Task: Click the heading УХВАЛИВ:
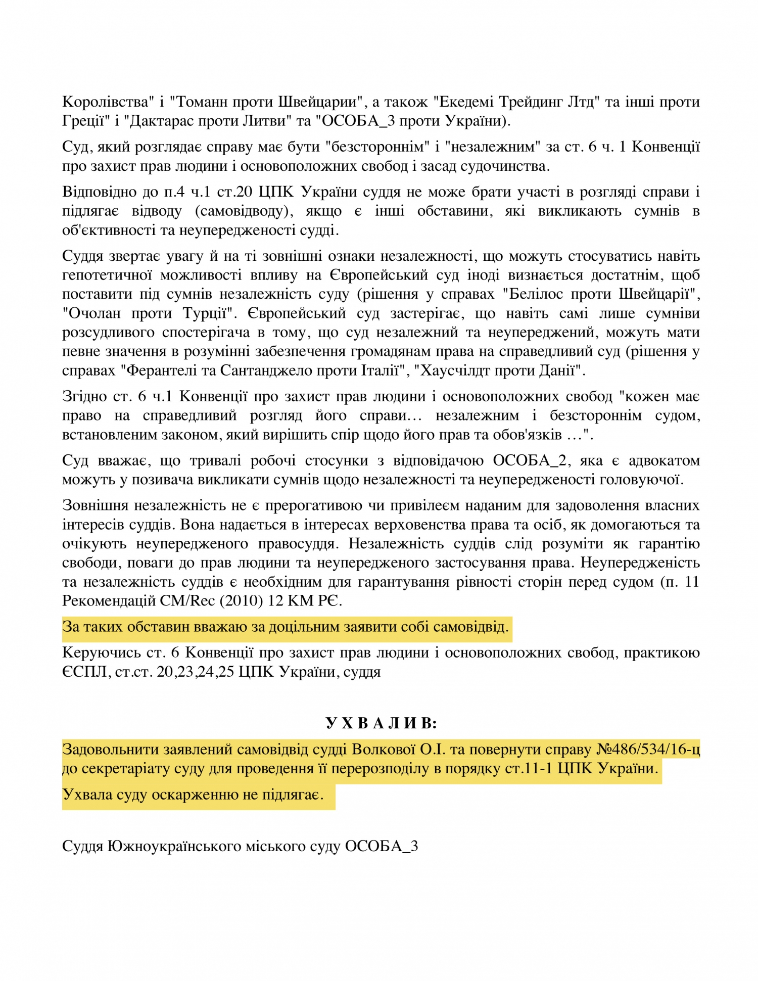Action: click(381, 723)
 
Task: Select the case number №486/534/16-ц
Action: click(648, 749)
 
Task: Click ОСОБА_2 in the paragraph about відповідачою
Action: click(529, 460)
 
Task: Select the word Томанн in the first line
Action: click(200, 102)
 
